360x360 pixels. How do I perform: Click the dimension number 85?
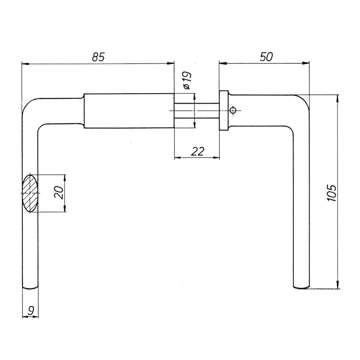pos(98,57)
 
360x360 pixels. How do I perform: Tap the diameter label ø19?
pos(187,80)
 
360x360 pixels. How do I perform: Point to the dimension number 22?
pos(197,151)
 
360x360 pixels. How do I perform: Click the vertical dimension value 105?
pos(332,193)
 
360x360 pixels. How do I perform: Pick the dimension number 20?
pos(58,193)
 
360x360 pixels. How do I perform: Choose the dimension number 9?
pos(31,310)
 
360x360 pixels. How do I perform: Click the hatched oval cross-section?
pos(30,193)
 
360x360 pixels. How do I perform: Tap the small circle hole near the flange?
pos(233,110)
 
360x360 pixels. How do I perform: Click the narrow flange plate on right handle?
pos(224,111)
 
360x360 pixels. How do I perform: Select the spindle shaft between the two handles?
pos(197,111)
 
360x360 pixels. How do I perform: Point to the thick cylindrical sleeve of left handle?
pos(129,111)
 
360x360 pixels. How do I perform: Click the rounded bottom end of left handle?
pos(30,288)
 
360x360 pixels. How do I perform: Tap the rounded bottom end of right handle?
pos(301,287)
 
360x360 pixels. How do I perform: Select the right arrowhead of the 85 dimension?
pos(171,63)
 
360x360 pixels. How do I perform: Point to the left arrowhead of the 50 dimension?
pos(223,63)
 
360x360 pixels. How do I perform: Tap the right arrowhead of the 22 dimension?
pos(216,158)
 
